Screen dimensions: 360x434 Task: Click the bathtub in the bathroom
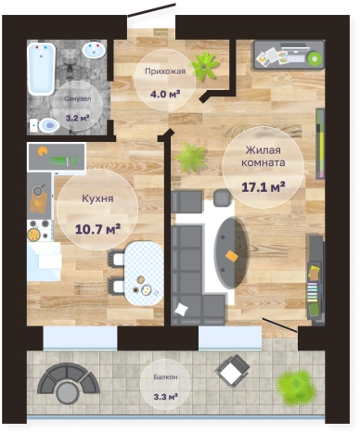[41, 69]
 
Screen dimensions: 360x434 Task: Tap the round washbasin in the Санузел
[94, 50]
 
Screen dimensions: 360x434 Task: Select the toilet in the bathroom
[45, 125]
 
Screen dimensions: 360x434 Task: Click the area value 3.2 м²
[78, 118]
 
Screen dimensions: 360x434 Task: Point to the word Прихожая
[165, 71]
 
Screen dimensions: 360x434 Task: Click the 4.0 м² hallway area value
[165, 94]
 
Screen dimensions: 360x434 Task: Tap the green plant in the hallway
[205, 66]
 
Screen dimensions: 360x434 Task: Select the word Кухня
[97, 198]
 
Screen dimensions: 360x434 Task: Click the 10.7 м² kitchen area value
[97, 229]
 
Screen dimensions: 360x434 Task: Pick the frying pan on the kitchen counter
[38, 190]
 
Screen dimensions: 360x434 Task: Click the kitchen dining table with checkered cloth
[144, 274]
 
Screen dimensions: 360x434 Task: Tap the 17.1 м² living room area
[264, 187]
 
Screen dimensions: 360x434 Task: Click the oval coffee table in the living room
[231, 253]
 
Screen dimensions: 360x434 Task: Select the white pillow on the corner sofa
[181, 309]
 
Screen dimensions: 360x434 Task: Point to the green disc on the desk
[315, 57]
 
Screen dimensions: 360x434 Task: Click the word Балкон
[165, 377]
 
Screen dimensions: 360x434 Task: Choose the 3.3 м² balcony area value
[165, 396]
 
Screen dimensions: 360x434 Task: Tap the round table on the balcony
[68, 392]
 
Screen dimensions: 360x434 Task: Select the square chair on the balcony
[233, 370]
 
